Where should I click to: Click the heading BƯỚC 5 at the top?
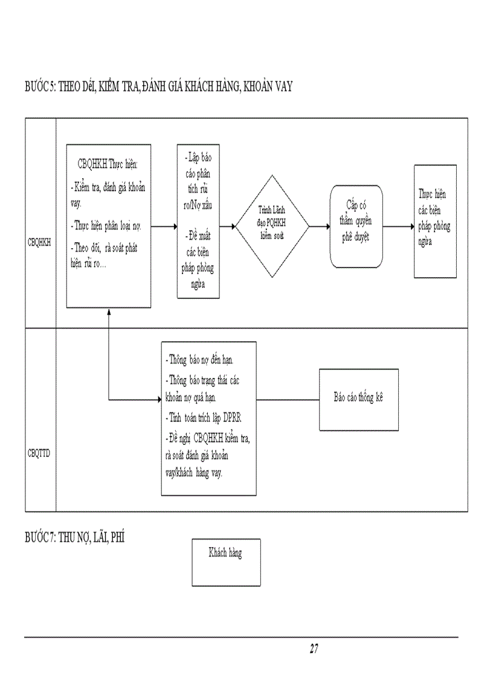click(158, 86)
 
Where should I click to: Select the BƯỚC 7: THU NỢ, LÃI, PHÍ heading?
click(74, 537)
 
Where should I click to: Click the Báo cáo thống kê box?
click(359, 399)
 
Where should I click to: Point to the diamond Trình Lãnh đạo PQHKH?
click(272, 226)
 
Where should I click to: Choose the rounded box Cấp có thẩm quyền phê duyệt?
click(356, 226)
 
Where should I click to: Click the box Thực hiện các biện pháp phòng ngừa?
click(435, 221)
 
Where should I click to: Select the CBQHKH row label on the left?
click(40, 243)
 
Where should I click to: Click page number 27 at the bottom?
click(314, 649)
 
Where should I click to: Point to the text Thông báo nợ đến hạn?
click(200, 360)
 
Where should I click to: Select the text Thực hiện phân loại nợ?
click(106, 226)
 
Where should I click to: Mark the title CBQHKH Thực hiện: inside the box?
click(109, 164)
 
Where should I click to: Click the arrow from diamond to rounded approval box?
click(320, 227)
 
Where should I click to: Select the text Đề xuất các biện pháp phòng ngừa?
click(198, 260)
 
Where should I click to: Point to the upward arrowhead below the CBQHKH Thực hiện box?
click(108, 312)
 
